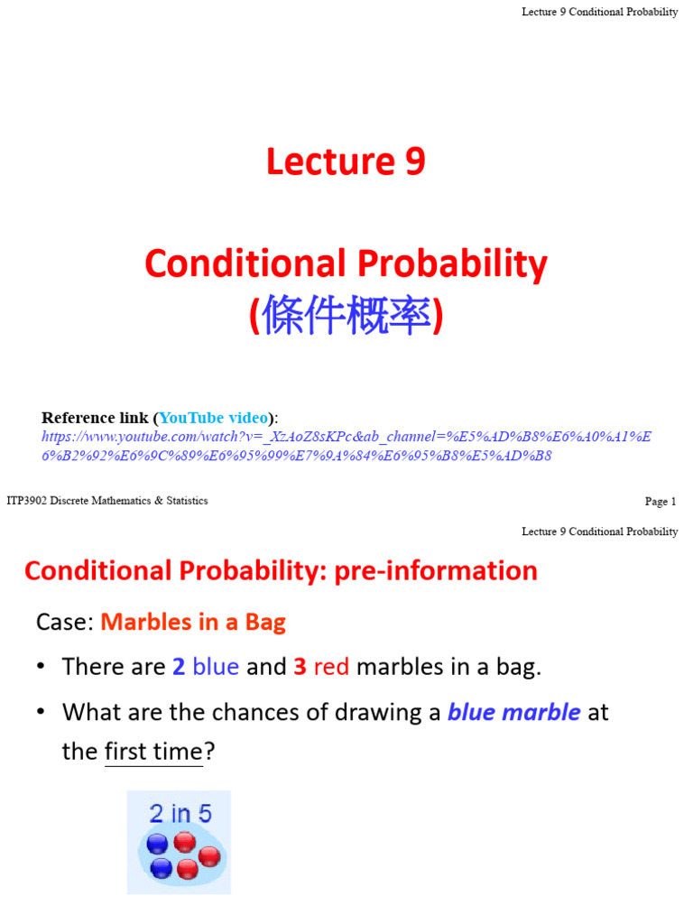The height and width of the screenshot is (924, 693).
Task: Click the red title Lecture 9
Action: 346,162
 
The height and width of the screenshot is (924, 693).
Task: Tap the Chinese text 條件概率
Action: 346,318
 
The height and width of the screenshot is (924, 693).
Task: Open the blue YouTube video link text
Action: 214,418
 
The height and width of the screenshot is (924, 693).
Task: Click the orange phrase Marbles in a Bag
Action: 193,622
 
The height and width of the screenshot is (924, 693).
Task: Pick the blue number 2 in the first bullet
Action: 179,667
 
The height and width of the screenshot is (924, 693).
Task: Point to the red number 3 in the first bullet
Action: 300,667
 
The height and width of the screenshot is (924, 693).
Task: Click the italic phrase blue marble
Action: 514,712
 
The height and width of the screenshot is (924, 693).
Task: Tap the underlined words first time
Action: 153,752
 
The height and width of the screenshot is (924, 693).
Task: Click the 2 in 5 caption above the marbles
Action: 180,814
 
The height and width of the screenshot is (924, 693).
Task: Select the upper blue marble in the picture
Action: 158,845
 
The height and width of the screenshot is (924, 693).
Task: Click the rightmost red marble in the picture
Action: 208,857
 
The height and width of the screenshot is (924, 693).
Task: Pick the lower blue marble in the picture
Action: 162,869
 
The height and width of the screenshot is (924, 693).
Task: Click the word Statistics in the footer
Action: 181,501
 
